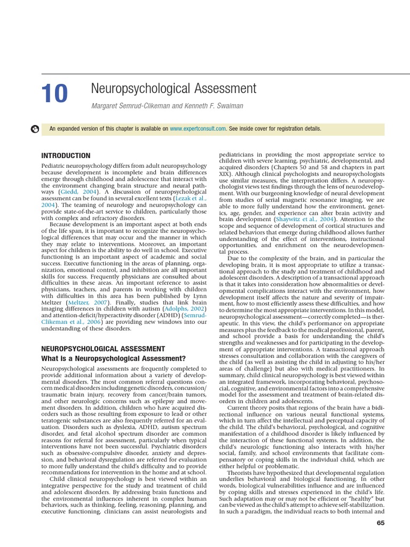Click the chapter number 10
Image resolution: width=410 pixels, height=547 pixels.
54,95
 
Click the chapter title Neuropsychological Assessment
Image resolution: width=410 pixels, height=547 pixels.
174,88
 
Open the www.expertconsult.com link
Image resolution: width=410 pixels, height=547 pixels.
198,129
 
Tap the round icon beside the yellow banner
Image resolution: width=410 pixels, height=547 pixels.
35,129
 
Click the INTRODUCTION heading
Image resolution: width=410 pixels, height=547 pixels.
66,155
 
